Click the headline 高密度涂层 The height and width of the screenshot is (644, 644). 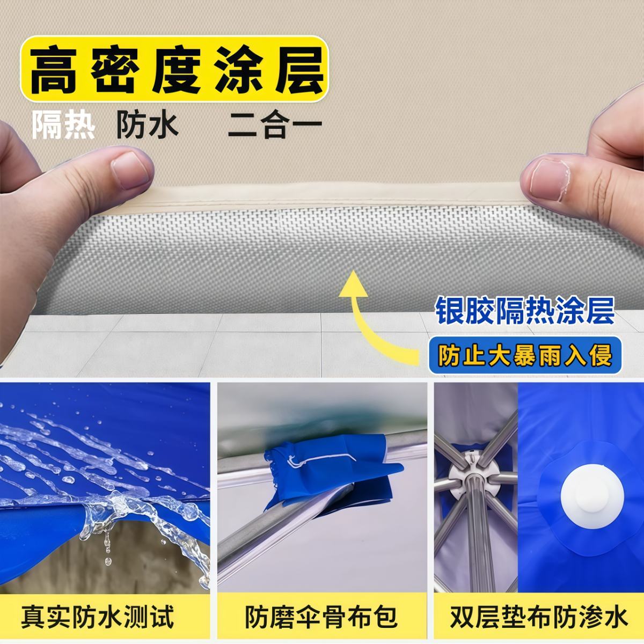click(x=177, y=70)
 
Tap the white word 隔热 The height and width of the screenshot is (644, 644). click(x=63, y=126)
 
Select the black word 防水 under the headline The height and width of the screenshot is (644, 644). click(x=147, y=126)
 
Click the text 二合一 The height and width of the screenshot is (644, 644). click(x=275, y=126)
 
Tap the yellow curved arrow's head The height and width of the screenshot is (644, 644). click(x=353, y=284)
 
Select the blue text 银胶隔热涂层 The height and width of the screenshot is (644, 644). click(x=525, y=311)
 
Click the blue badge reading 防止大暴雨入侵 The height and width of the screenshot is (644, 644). click(x=525, y=355)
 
